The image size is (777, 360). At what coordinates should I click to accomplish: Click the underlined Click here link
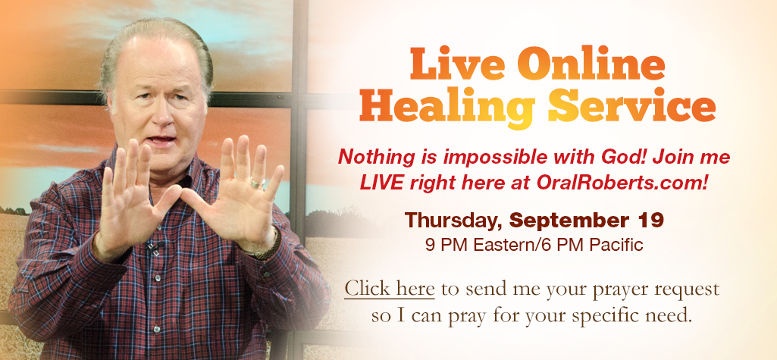tap(390, 288)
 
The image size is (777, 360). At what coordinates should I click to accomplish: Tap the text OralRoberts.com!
tap(622, 183)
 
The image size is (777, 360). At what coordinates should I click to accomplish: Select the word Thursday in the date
tap(454, 221)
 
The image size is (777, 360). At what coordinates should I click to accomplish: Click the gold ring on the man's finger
tap(257, 183)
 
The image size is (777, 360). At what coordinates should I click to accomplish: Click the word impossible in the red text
tap(500, 158)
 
